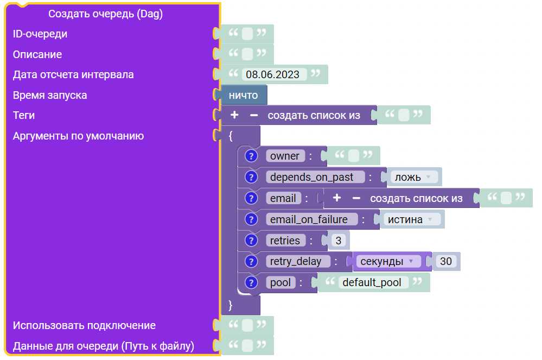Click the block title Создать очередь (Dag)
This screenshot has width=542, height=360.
coord(105,14)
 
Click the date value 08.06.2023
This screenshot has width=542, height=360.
coord(272,74)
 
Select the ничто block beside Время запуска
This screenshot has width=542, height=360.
coord(244,95)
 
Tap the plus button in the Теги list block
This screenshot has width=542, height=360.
coord(234,115)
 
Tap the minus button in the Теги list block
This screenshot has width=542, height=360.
coord(254,115)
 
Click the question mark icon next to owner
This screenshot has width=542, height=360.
coord(251,156)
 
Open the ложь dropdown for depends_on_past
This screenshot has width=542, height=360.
coord(413,177)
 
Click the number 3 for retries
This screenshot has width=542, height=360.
coord(339,241)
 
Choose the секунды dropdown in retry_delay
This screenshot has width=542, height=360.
coord(387,261)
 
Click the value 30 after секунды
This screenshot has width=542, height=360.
coord(446,261)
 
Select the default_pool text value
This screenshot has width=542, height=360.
coord(372,282)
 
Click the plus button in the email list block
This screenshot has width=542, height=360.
coord(337,198)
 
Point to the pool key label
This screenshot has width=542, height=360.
coord(280,282)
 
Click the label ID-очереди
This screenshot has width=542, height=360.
coord(40,34)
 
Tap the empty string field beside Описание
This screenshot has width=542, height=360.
coord(247,54)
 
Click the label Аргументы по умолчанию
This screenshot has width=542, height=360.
coord(78,136)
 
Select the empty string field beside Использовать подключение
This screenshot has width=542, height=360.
coord(247,325)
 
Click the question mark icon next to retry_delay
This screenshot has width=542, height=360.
coord(251,261)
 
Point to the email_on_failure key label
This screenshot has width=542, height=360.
coord(309,219)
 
